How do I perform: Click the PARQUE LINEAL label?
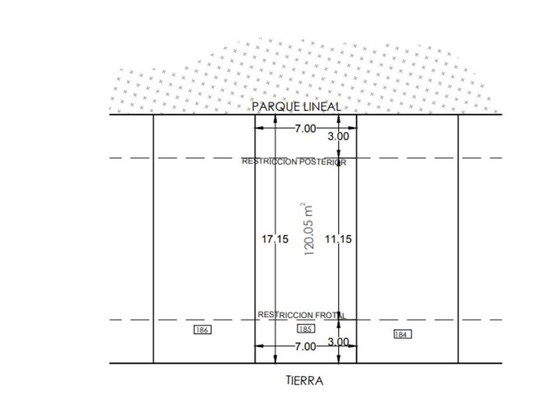click(296, 106)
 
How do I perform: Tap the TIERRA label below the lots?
click(305, 380)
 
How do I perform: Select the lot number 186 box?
click(202, 330)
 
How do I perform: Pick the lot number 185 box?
click(306, 329)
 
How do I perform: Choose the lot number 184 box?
click(403, 334)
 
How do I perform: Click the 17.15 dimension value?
click(275, 239)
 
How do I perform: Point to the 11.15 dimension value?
click(338, 239)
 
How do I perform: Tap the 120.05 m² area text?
click(308, 229)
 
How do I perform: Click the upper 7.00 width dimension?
click(305, 128)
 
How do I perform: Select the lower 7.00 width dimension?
click(305, 347)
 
